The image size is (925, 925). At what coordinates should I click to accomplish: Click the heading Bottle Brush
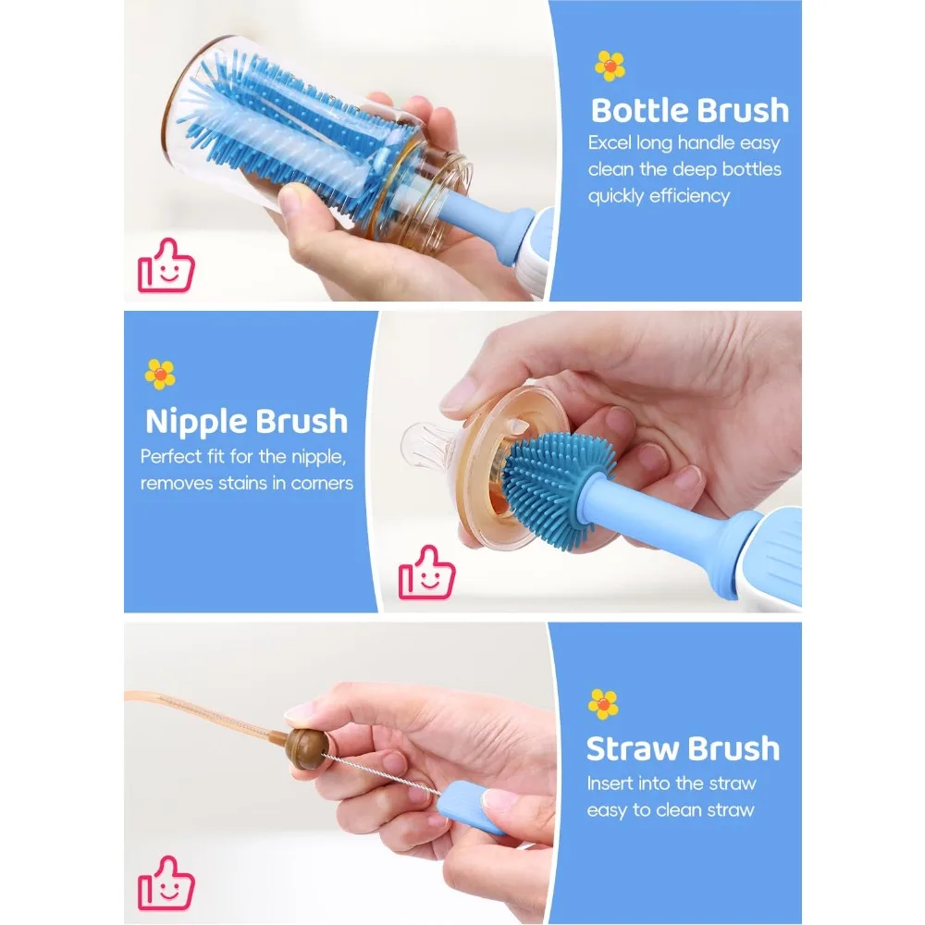[x=689, y=110]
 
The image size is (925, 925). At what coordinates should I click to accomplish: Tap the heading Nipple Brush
[x=246, y=422]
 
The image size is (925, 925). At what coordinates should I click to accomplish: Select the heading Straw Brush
[x=683, y=748]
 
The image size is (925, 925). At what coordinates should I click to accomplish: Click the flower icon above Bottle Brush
[x=610, y=66]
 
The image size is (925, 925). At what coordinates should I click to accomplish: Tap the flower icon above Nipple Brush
[x=160, y=374]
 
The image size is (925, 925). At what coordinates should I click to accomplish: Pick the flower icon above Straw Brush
[x=603, y=704]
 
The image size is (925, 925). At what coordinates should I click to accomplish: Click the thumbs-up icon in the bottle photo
[x=166, y=266]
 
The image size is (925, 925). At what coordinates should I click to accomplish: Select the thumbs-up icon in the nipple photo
[x=426, y=573]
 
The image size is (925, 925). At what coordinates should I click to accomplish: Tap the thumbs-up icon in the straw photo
[x=166, y=882]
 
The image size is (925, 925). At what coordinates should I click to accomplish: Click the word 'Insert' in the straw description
[x=611, y=783]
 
